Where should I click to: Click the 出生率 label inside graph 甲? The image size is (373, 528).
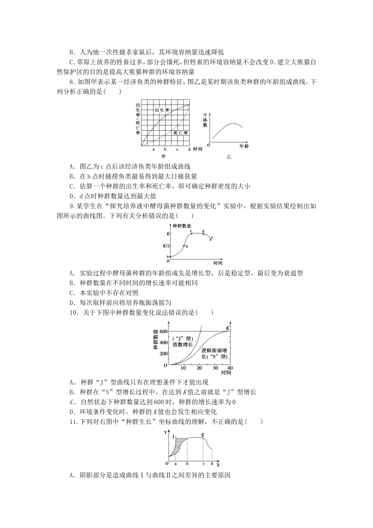(x=162, y=110)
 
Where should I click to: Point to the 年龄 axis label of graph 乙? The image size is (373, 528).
(x=244, y=146)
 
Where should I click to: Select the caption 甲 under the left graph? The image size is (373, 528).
(x=164, y=156)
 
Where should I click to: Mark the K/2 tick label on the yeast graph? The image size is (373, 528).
(x=166, y=246)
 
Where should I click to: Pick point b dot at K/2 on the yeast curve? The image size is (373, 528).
(x=184, y=246)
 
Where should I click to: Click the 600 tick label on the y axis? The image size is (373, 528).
(x=164, y=331)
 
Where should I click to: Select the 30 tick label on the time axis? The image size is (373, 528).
(x=215, y=368)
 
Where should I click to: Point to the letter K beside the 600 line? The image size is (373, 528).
(x=228, y=328)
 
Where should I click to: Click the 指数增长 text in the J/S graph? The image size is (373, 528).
(x=183, y=344)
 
